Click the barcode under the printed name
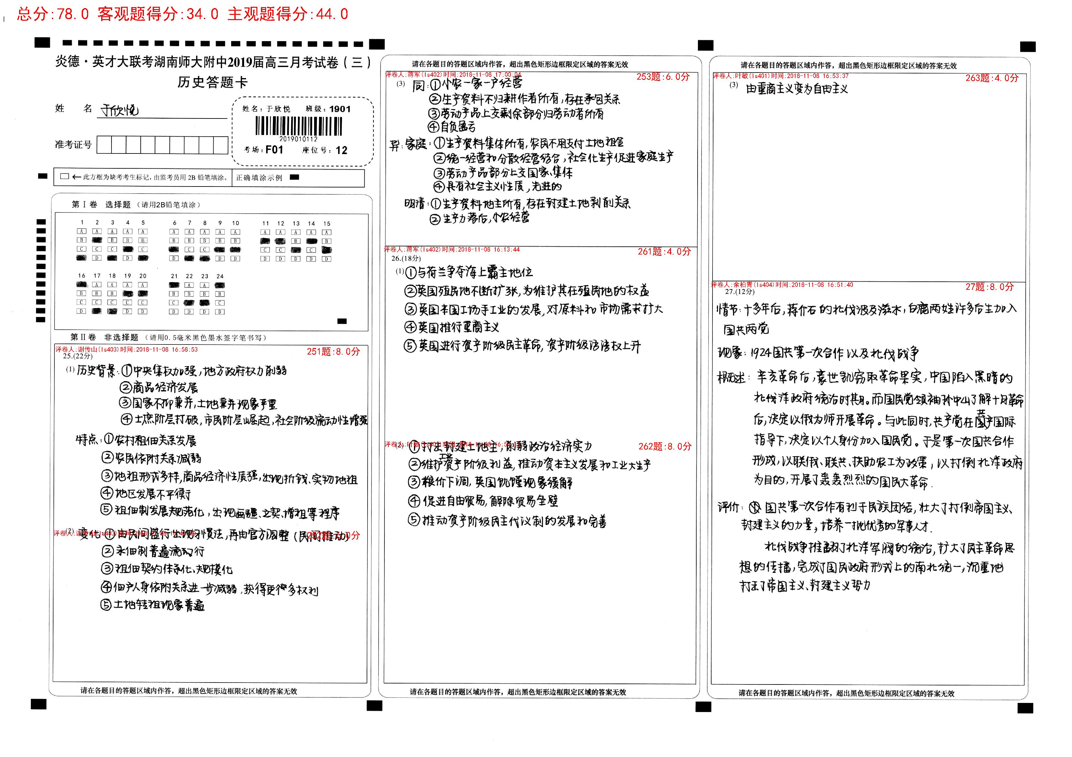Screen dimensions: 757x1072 click(x=299, y=126)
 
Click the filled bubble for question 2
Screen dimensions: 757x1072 click(x=97, y=240)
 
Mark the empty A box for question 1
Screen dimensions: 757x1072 click(x=82, y=232)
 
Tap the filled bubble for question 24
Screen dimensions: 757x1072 click(x=219, y=286)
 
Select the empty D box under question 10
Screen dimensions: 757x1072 click(x=235, y=258)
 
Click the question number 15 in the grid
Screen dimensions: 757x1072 click(x=327, y=223)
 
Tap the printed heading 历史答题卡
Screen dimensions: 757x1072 click(x=212, y=83)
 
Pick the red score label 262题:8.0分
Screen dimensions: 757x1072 click(x=665, y=446)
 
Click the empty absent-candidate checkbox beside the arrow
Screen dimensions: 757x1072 click(x=65, y=176)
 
